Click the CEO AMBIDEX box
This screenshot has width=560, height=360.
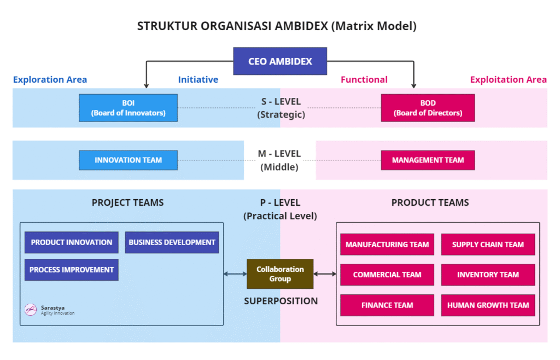[280, 61]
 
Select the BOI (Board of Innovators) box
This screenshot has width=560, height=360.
[128, 108]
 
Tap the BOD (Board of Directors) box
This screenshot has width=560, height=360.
[428, 108]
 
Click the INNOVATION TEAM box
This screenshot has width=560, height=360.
[128, 160]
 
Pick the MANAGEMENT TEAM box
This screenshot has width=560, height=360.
[428, 160]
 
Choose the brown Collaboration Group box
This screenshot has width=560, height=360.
[280, 274]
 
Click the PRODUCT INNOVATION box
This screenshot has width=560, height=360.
[72, 242]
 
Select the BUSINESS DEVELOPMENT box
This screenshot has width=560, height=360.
[172, 242]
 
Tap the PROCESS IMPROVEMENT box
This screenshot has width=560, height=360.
[72, 270]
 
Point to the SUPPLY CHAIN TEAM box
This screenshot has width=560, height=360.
[488, 245]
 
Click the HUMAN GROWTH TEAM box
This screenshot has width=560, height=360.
[488, 305]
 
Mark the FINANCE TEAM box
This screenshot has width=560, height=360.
[387, 305]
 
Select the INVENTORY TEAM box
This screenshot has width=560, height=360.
[488, 275]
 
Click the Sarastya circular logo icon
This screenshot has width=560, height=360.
[31, 310]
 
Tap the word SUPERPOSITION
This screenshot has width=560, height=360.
[281, 301]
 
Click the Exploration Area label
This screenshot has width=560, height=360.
[50, 80]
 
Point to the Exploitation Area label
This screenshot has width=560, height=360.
[508, 80]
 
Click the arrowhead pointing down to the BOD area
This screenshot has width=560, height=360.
[413, 86]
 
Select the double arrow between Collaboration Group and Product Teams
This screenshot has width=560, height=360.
[325, 274]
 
